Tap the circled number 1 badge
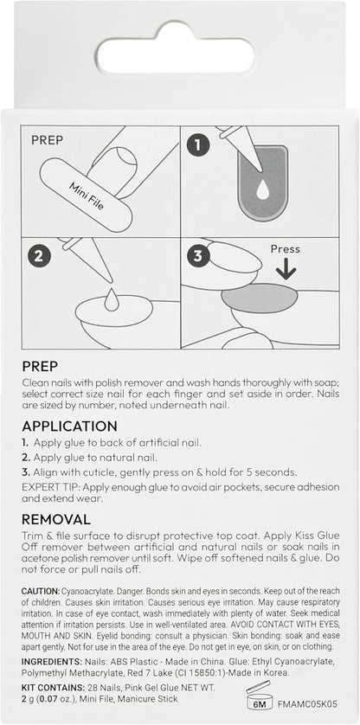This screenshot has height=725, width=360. (198, 146)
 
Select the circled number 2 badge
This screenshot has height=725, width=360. (38, 256)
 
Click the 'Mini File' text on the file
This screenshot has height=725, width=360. (87, 196)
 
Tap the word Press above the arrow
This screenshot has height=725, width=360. (285, 249)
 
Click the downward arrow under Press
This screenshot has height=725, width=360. (286, 270)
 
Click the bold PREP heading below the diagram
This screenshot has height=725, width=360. (40, 367)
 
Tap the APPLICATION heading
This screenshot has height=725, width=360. (69, 426)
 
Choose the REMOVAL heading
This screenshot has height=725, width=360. (56, 519)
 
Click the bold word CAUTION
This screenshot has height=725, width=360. (41, 592)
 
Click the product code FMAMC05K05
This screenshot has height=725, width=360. (308, 704)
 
